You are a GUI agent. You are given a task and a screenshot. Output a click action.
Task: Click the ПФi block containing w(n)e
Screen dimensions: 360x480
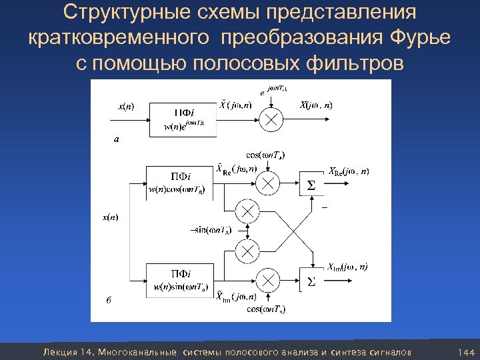[x=183, y=119]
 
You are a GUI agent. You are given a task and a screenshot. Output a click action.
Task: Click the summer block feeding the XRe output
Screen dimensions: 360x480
[x=311, y=184]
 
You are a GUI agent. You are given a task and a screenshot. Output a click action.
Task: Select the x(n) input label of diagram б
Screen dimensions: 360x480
[x=110, y=217]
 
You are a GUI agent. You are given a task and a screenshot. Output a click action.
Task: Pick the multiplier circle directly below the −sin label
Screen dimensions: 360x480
[x=247, y=251]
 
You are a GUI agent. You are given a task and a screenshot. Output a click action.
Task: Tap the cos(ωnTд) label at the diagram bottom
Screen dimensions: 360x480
[x=266, y=309]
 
